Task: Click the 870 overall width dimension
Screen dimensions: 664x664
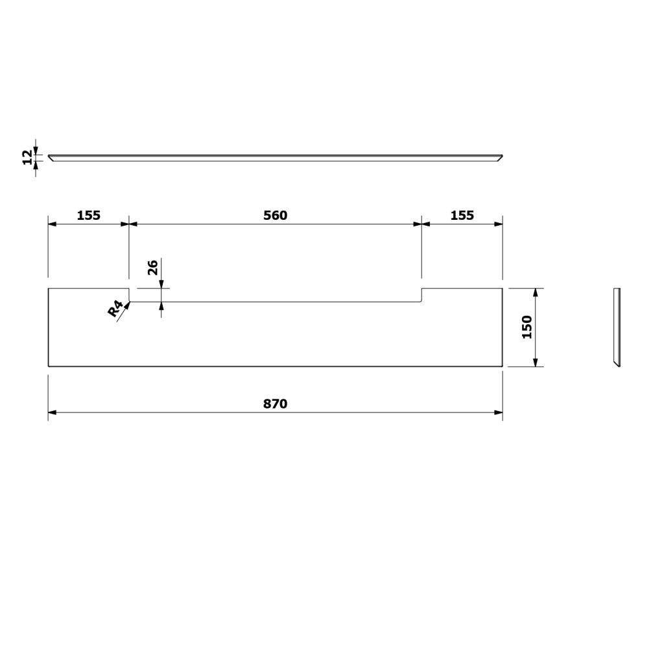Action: (275, 404)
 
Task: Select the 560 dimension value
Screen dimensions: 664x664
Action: (275, 216)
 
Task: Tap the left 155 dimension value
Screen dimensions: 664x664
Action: (89, 216)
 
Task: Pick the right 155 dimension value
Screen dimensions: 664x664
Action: (462, 216)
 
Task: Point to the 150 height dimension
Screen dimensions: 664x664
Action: (526, 327)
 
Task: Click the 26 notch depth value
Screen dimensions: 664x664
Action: (153, 267)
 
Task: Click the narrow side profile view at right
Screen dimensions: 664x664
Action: (617, 327)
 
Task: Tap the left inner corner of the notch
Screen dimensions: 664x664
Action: (130, 302)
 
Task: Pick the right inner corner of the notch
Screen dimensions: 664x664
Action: (422, 302)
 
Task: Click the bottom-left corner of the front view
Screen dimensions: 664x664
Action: (49, 366)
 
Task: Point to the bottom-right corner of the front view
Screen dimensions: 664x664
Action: (503, 366)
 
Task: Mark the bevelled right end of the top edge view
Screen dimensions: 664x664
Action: (499, 158)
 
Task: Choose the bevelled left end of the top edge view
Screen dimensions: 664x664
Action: (51, 158)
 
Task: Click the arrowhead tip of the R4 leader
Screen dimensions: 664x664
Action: (129, 303)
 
